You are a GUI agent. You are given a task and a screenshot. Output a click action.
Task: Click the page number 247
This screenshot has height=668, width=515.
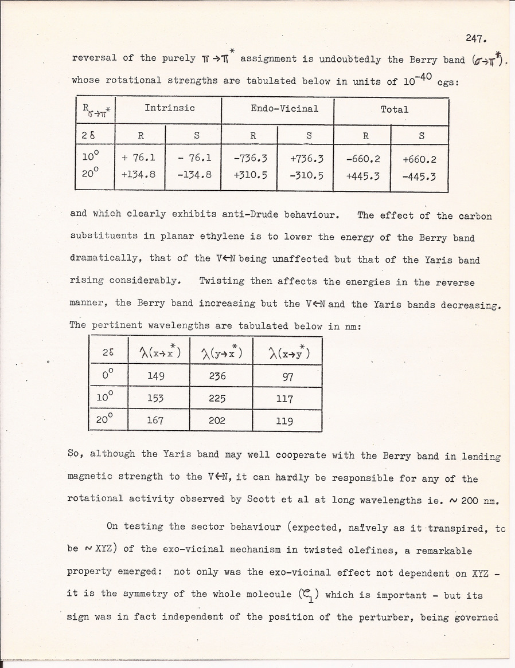click(476, 39)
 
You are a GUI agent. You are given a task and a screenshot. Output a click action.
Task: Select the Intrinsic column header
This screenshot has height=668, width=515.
click(170, 108)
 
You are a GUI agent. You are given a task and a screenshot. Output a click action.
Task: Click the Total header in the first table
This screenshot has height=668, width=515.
click(395, 109)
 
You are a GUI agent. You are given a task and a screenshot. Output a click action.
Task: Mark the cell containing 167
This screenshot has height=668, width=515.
click(155, 421)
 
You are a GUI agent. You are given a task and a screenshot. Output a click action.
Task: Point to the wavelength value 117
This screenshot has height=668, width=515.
click(284, 398)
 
